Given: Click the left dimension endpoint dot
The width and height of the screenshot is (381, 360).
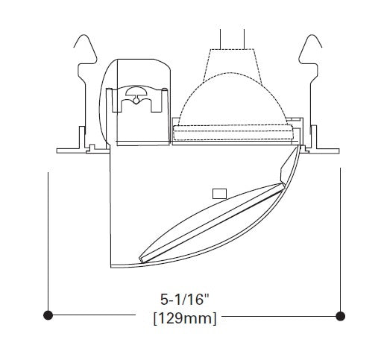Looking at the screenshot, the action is pos(48,315).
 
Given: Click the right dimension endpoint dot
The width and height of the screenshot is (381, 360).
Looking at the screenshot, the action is pos(340,316).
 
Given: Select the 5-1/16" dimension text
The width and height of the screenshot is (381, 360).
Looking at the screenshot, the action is pos(185,299).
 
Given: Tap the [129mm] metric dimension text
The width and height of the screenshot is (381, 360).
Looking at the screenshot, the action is pos(185,318).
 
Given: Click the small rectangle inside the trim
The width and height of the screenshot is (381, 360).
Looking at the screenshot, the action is pos(219,194).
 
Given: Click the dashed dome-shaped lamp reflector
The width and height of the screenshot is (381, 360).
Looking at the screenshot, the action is pos(233,99).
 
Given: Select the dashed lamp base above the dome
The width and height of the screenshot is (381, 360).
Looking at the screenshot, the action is pos(233,65).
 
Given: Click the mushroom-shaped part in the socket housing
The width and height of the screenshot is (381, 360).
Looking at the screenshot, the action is pos(136,93).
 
